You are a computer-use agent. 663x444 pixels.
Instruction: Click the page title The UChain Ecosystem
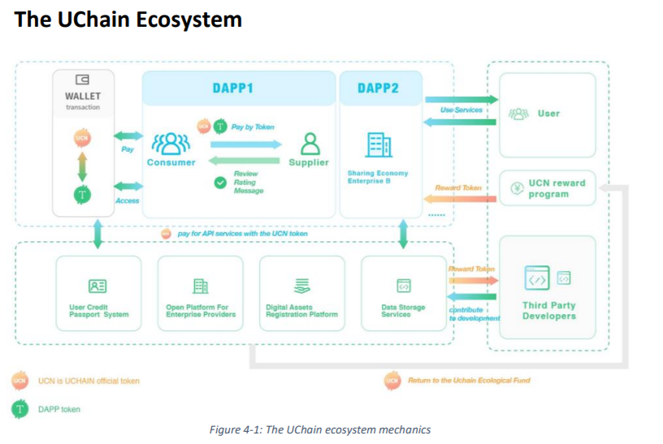click(x=128, y=19)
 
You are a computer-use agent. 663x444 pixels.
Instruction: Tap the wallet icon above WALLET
click(x=82, y=80)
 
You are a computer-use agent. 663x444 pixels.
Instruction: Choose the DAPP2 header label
click(x=378, y=88)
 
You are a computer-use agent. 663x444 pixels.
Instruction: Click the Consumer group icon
click(x=171, y=143)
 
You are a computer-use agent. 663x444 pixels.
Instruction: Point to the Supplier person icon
click(x=310, y=143)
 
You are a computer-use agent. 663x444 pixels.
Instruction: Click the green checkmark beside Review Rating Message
click(x=219, y=183)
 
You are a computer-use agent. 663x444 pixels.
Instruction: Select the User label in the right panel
click(x=548, y=114)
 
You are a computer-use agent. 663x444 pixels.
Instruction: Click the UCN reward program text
click(x=557, y=188)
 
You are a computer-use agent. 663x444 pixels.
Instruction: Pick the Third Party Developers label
click(x=548, y=311)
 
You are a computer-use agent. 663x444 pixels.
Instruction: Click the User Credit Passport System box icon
click(x=98, y=286)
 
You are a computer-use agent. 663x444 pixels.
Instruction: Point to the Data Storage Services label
click(x=402, y=311)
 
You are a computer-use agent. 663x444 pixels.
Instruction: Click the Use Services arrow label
click(x=461, y=110)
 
